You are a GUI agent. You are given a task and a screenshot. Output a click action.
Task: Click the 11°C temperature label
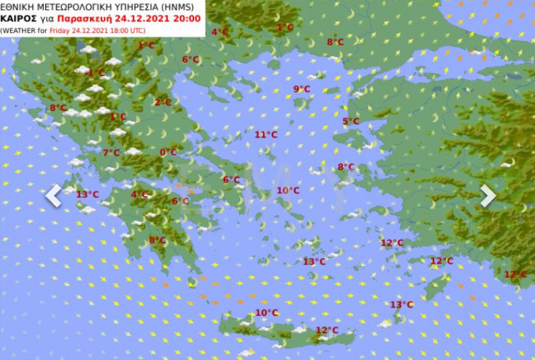[x=266, y=134]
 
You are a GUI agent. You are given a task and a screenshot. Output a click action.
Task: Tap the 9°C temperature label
[x=302, y=89]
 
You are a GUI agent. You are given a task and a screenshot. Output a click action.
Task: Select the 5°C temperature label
[x=351, y=121]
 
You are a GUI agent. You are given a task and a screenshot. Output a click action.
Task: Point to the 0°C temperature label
[x=168, y=152]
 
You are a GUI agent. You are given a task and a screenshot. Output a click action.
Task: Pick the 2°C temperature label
[x=163, y=102]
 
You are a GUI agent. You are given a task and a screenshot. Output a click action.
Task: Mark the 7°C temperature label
[x=111, y=153]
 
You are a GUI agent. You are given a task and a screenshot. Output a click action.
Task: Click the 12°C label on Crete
[x=327, y=330]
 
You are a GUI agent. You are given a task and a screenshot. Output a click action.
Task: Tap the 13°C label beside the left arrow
[x=88, y=194]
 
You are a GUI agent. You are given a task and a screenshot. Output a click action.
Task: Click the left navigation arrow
[x=53, y=196]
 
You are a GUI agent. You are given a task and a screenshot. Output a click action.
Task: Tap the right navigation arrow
[x=488, y=196]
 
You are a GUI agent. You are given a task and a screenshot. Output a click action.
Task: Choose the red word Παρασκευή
[x=85, y=18]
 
